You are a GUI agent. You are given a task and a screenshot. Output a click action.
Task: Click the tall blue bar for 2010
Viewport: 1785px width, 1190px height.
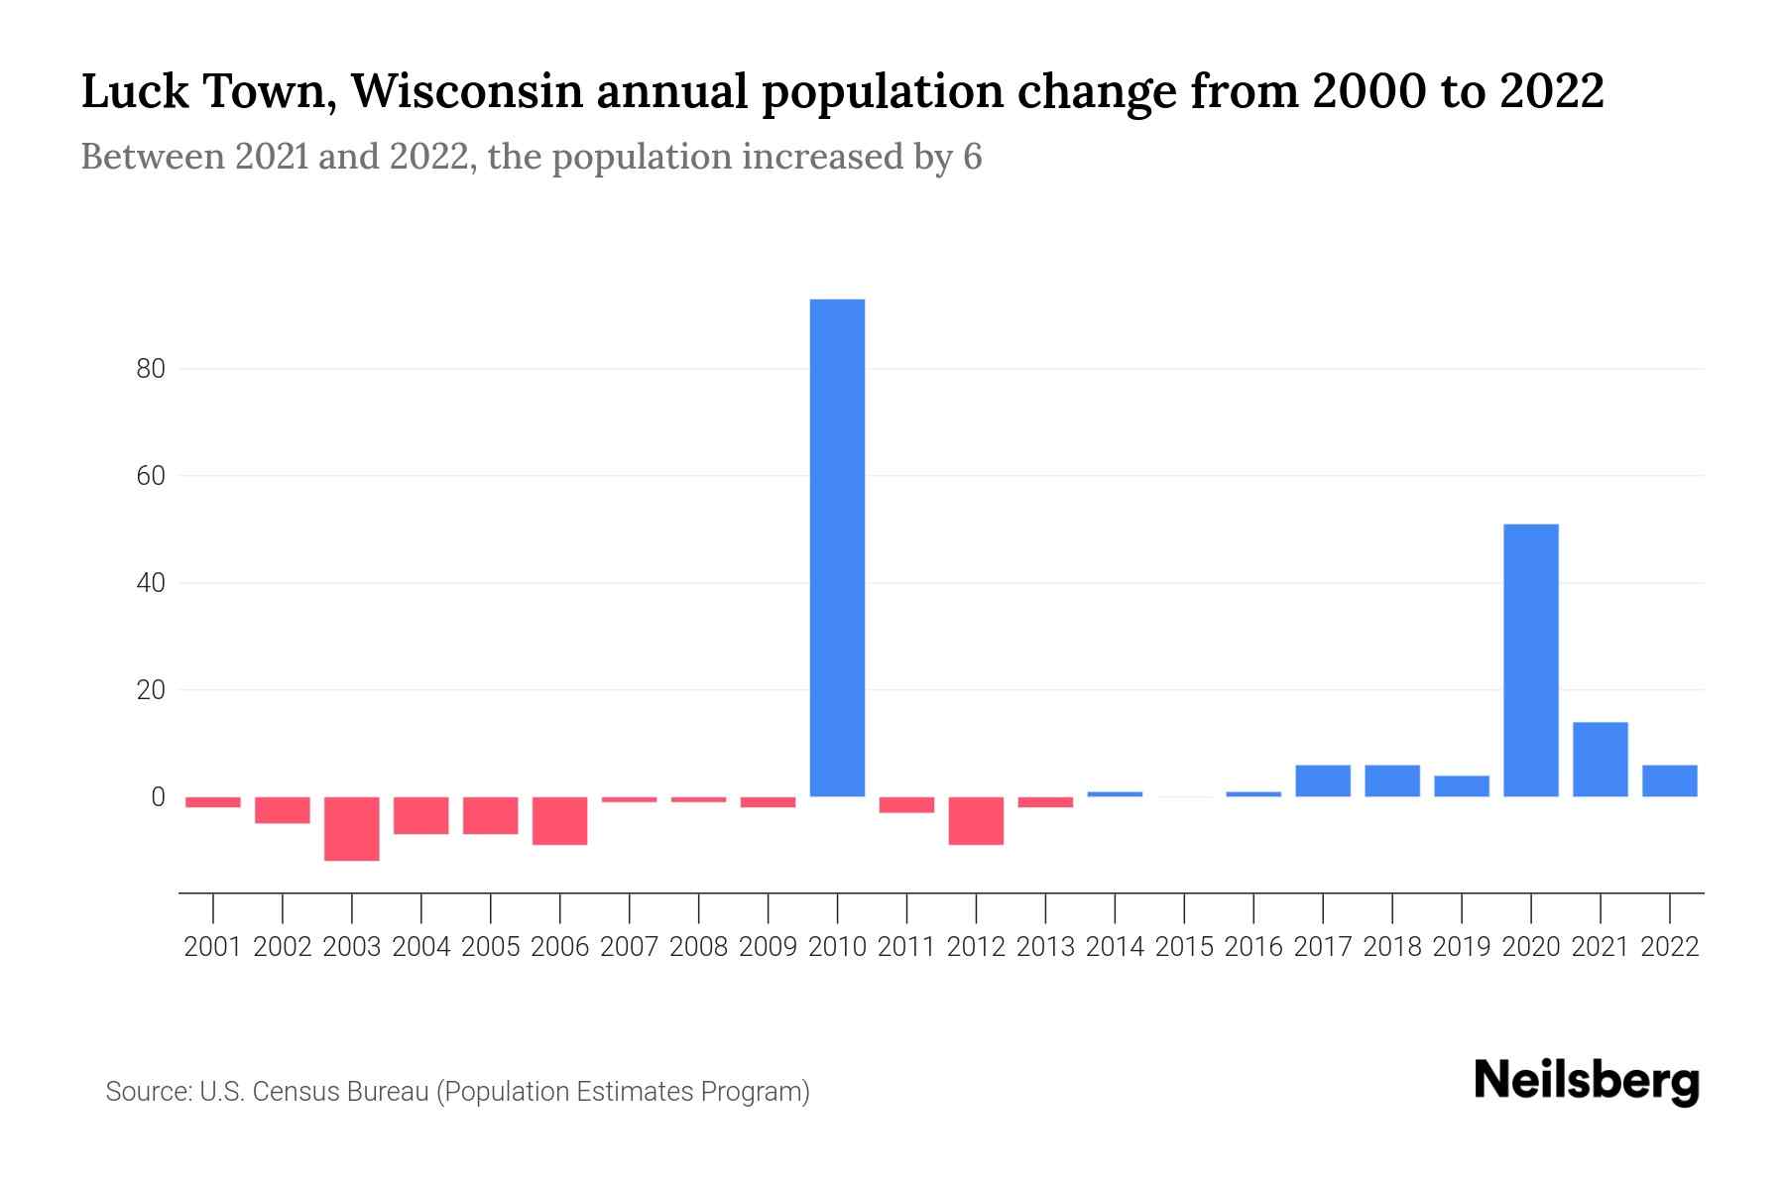tap(837, 547)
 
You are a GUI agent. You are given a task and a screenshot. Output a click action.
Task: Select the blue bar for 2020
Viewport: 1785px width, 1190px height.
tap(1530, 659)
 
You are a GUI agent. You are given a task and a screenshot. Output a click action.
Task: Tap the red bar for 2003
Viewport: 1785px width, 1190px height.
tap(352, 828)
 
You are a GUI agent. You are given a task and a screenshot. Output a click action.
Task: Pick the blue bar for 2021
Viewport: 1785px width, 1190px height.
tap(1600, 759)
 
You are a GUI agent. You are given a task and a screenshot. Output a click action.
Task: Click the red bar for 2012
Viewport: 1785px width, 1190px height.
tap(976, 820)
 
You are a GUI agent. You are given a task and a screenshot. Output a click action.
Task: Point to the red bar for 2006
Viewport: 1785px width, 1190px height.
tap(560, 820)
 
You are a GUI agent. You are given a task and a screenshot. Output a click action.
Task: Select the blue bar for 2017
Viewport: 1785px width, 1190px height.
tap(1322, 780)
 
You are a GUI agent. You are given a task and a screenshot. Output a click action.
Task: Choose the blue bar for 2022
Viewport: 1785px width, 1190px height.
tap(1669, 780)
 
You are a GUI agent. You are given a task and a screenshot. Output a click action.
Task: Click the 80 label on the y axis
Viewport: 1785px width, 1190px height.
tap(150, 370)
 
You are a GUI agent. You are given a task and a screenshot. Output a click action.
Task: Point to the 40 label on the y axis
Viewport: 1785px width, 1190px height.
tap(150, 583)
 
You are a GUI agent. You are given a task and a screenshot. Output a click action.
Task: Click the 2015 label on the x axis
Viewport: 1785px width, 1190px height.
tap(1184, 947)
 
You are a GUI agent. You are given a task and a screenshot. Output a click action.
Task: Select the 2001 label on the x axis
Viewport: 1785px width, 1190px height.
tap(213, 947)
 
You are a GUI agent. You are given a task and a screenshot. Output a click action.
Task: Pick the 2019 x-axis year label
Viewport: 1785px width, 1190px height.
tap(1461, 947)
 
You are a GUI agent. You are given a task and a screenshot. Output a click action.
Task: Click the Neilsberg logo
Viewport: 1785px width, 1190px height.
tap(1587, 1081)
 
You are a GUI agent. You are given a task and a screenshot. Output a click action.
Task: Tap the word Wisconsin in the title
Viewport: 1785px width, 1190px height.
tap(465, 91)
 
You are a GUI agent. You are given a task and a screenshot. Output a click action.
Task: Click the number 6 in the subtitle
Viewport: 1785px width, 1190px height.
tap(972, 158)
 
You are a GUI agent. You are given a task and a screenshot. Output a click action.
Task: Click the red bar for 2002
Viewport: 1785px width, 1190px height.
tap(283, 809)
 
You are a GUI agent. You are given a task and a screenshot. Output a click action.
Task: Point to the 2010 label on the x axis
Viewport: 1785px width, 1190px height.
tap(837, 947)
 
